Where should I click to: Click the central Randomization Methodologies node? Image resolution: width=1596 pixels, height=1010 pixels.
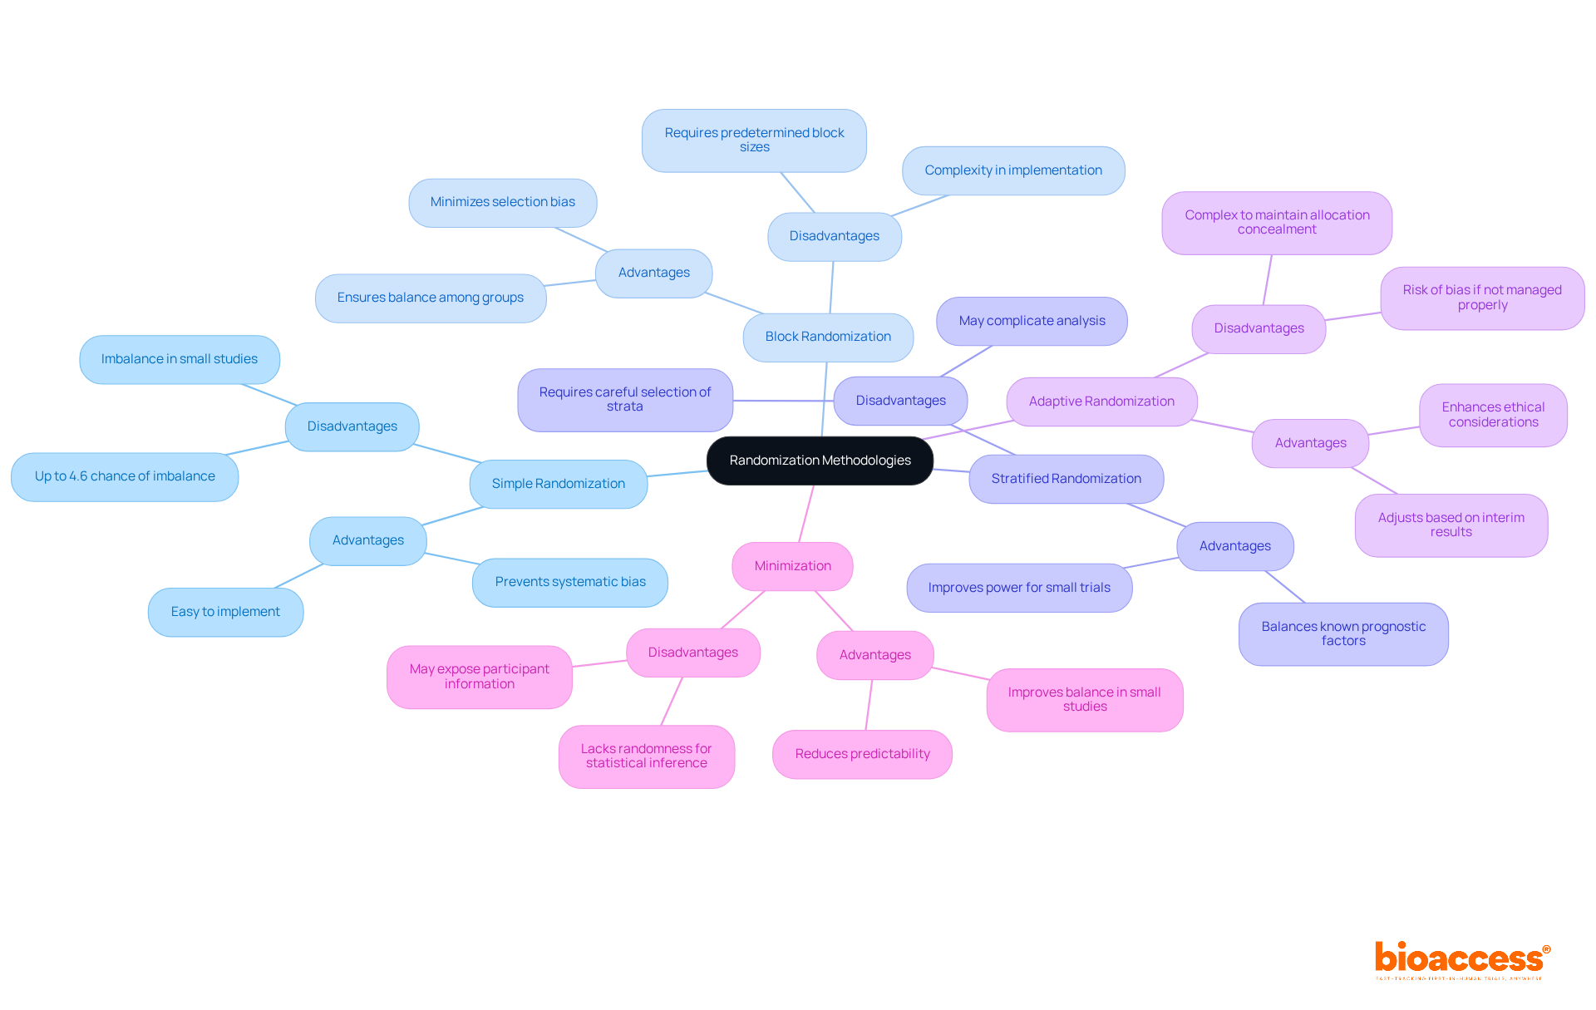pos(820,461)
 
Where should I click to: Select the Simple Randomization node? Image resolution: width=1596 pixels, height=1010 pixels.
pos(558,484)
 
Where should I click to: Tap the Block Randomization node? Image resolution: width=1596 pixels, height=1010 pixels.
pos(828,337)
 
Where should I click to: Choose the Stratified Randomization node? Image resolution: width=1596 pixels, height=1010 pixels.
pos(1066,479)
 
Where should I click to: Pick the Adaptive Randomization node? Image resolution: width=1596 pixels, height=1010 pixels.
pos(1101,402)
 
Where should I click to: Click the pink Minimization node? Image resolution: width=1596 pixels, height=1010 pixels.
pos(792,566)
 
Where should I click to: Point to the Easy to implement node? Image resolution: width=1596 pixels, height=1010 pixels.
pos(225,612)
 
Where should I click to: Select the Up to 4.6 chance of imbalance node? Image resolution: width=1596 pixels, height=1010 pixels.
pos(125,476)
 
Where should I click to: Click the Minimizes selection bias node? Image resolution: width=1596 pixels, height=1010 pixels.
pos(502,202)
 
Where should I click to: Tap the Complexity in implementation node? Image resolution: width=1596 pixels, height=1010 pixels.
pos(1013,170)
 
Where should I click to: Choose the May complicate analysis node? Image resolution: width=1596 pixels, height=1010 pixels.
pos(1032,321)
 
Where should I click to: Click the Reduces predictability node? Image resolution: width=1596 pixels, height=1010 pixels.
pos(862,754)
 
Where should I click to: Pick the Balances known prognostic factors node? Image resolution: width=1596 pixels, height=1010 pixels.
pos(1343,633)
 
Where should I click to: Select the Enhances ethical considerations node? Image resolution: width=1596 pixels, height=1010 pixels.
pos(1493,415)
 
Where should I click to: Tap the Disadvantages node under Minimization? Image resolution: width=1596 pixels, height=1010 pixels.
pos(692,653)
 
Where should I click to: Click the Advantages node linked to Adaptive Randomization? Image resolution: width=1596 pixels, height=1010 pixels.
pos(1310,443)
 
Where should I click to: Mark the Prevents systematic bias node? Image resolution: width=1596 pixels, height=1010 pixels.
pos(570,582)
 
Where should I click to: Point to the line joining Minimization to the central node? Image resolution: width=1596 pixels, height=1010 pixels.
pos(806,514)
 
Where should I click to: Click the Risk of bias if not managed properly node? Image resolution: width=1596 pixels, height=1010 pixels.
pos(1482,298)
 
